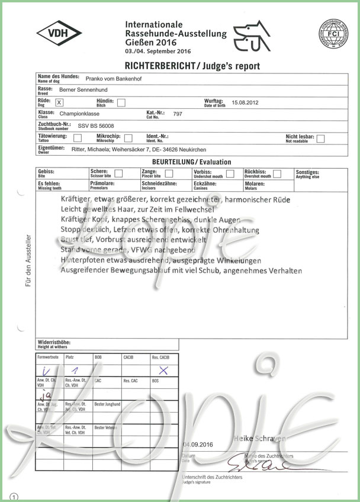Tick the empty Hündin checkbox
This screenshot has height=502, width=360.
pyautogui.click(x=121, y=102)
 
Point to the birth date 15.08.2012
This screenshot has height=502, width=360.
pyautogui.click(x=245, y=102)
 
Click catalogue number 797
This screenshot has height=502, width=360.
pyautogui.click(x=178, y=114)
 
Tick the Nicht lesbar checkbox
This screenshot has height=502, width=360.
pyautogui.click(x=320, y=139)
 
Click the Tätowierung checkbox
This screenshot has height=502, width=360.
pyautogui.click(x=78, y=139)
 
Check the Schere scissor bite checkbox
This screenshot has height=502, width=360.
pyautogui.click(x=118, y=173)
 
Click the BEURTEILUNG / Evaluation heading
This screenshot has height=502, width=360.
pyautogui.click(x=183, y=162)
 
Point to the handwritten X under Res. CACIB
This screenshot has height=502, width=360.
pyautogui.click(x=164, y=371)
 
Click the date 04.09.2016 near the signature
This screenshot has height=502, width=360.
pyautogui.click(x=197, y=444)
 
